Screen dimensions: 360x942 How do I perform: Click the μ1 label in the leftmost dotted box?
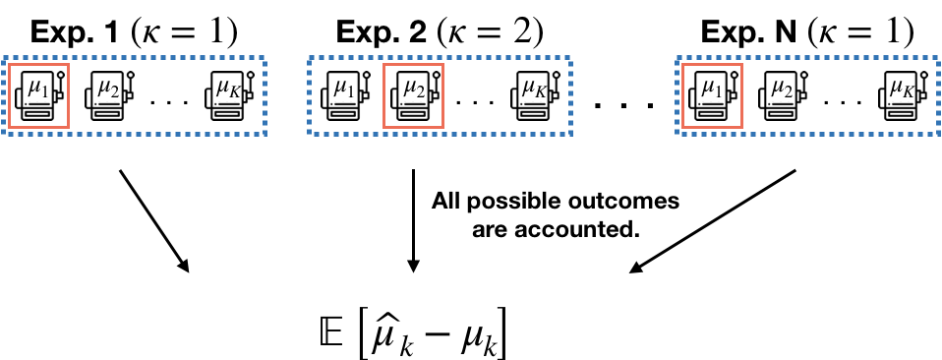[37, 89]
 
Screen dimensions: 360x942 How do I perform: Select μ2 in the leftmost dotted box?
[106, 89]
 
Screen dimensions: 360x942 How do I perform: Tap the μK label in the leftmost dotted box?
[226, 89]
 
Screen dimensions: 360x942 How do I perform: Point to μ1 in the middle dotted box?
[343, 89]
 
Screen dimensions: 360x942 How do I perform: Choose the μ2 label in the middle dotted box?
[413, 89]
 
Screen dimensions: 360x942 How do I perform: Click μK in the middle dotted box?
[532, 89]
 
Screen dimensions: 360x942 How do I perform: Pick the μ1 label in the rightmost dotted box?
[710, 89]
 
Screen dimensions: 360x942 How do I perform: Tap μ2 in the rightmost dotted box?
[781, 89]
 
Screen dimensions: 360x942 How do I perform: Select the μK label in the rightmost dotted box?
[900, 89]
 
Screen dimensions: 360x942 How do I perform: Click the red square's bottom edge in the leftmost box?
[38, 127]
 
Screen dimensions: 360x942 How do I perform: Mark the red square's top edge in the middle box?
[413, 65]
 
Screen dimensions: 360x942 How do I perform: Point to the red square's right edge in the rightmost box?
[741, 95]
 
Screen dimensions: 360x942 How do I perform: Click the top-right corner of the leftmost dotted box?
[265, 58]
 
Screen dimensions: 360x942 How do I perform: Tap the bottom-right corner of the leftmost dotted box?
[265, 133]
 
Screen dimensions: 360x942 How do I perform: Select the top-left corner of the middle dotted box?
[310, 58]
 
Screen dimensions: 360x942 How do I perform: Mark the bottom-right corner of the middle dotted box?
[570, 133]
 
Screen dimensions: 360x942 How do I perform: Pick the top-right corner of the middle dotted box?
[570, 58]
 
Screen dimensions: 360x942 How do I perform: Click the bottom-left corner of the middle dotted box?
[310, 133]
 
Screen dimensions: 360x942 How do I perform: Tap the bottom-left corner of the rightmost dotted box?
[677, 133]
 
